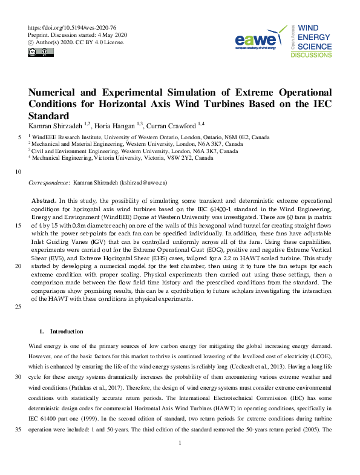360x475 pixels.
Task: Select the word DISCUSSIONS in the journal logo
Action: point(311,55)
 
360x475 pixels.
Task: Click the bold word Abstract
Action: point(44,200)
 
